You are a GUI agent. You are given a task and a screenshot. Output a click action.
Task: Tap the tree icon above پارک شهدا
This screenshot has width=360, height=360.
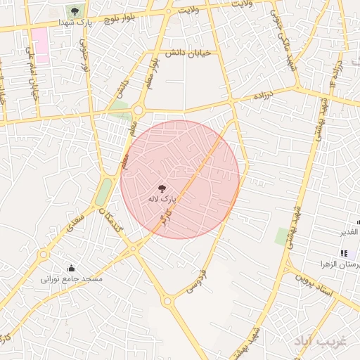(75, 11)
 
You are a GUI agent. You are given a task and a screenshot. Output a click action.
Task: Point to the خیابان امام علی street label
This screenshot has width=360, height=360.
(31, 75)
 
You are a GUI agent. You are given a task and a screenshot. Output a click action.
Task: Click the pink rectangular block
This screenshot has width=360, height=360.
(39, 46)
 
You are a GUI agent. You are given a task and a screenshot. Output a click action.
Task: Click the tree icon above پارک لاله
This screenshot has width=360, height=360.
(162, 188)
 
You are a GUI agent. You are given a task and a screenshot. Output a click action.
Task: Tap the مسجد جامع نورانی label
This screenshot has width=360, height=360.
(72, 279)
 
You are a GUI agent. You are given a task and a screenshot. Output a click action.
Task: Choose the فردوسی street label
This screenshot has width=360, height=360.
(195, 280)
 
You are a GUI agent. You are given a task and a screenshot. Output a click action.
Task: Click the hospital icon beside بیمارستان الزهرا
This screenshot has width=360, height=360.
(343, 253)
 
